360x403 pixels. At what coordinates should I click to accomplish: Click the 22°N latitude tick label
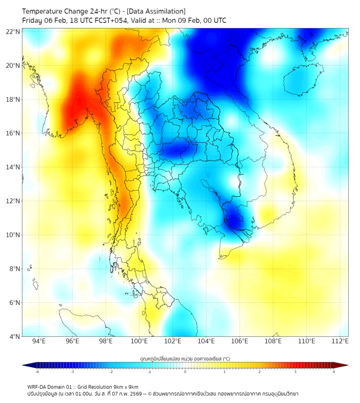point(13,31)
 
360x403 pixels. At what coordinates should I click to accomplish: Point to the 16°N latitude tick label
point(13,133)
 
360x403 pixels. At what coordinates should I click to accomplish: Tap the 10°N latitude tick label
point(13,235)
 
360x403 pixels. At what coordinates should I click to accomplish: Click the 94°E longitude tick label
point(38,341)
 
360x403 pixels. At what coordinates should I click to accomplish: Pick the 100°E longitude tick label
point(139,341)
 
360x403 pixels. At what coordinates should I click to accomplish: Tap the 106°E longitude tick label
point(240,341)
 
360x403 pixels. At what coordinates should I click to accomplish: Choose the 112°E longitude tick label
point(340,341)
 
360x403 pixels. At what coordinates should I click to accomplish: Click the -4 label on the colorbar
point(36,372)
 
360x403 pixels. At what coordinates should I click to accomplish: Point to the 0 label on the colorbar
point(185,372)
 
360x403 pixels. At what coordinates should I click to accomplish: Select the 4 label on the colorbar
point(334,372)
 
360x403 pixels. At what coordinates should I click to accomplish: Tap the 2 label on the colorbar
point(259,372)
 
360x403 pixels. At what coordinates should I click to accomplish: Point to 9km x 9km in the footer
point(125,386)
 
